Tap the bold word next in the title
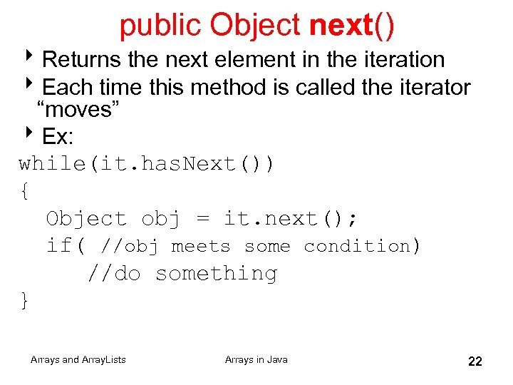[x=341, y=26]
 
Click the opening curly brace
[x=25, y=191]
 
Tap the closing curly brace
[x=25, y=301]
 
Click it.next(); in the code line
[x=291, y=219]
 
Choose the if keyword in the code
[x=59, y=246]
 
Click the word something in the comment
[x=215, y=273]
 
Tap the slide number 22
[x=475, y=361]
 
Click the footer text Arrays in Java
[x=256, y=360]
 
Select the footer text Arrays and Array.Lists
[x=78, y=360]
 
